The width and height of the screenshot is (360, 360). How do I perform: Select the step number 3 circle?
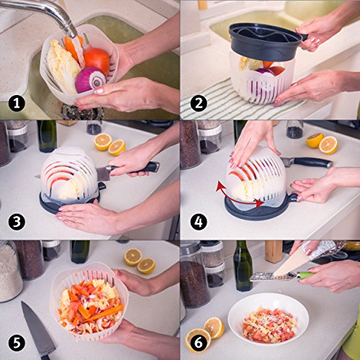coord(17,222)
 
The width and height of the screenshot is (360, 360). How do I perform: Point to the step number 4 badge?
coord(199,222)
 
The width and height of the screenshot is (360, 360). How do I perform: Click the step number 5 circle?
coord(17,343)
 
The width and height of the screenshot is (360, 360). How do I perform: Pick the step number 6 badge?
coord(199,343)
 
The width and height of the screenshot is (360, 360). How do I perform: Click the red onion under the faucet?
coord(90,80)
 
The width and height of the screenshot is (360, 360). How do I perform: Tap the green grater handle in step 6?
coord(305,275)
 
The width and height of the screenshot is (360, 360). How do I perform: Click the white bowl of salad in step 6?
coord(268,319)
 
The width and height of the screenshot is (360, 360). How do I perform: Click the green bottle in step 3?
coord(47,136)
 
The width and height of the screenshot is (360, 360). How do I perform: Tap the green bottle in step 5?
coord(80,251)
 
